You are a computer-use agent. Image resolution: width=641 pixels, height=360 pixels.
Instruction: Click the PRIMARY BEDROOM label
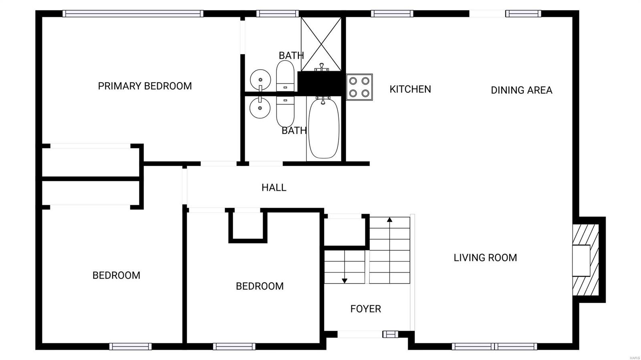pyautogui.click(x=145, y=86)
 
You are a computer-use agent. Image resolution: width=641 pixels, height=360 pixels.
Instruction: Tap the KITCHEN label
pyautogui.click(x=410, y=89)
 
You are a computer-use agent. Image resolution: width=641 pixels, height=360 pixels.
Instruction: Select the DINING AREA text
pyautogui.click(x=521, y=91)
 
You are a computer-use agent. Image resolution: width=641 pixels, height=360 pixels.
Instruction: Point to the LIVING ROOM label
pyautogui.click(x=485, y=257)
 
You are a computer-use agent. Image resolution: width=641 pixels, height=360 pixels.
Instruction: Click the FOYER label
pyautogui.click(x=366, y=309)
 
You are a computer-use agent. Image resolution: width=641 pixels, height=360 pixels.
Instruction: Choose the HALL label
pyautogui.click(x=274, y=187)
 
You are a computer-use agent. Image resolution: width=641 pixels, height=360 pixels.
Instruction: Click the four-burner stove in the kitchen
pyautogui.click(x=359, y=87)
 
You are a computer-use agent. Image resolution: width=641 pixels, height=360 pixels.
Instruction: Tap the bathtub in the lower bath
pyautogui.click(x=324, y=129)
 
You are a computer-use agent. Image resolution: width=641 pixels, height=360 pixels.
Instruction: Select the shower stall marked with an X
pyautogui.click(x=321, y=44)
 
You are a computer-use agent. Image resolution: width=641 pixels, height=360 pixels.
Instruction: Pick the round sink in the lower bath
pyautogui.click(x=260, y=107)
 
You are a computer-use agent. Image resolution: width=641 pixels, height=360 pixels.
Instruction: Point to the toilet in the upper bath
pyautogui.click(x=285, y=76)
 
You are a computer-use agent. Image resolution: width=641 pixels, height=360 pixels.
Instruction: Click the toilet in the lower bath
pyautogui.click(x=285, y=112)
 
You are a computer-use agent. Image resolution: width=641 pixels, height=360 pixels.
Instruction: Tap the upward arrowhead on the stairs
pyautogui.click(x=389, y=219)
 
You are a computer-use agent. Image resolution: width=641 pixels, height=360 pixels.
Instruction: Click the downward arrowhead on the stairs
pyautogui.click(x=345, y=281)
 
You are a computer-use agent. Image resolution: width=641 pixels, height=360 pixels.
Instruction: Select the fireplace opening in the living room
pyautogui.click(x=581, y=261)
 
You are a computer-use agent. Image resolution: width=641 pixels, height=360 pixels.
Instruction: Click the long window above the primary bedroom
pyautogui.click(x=133, y=14)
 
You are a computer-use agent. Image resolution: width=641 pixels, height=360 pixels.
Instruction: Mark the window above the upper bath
pyautogui.click(x=278, y=14)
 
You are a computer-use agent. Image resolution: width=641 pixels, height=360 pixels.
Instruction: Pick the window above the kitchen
pyautogui.click(x=392, y=14)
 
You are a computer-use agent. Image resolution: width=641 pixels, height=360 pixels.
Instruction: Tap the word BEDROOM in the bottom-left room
pyautogui.click(x=117, y=276)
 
